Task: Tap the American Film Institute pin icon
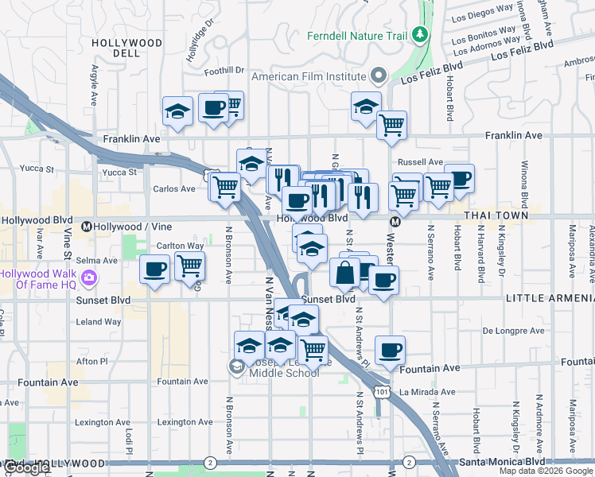click(379, 76)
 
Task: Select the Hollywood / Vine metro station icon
click(86, 227)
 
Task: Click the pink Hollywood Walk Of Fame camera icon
click(89, 277)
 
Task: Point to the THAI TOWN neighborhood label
click(492, 215)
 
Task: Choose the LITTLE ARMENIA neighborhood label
click(550, 298)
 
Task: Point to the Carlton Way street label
click(180, 246)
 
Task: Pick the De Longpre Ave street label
click(514, 330)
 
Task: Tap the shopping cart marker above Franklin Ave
click(391, 124)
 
